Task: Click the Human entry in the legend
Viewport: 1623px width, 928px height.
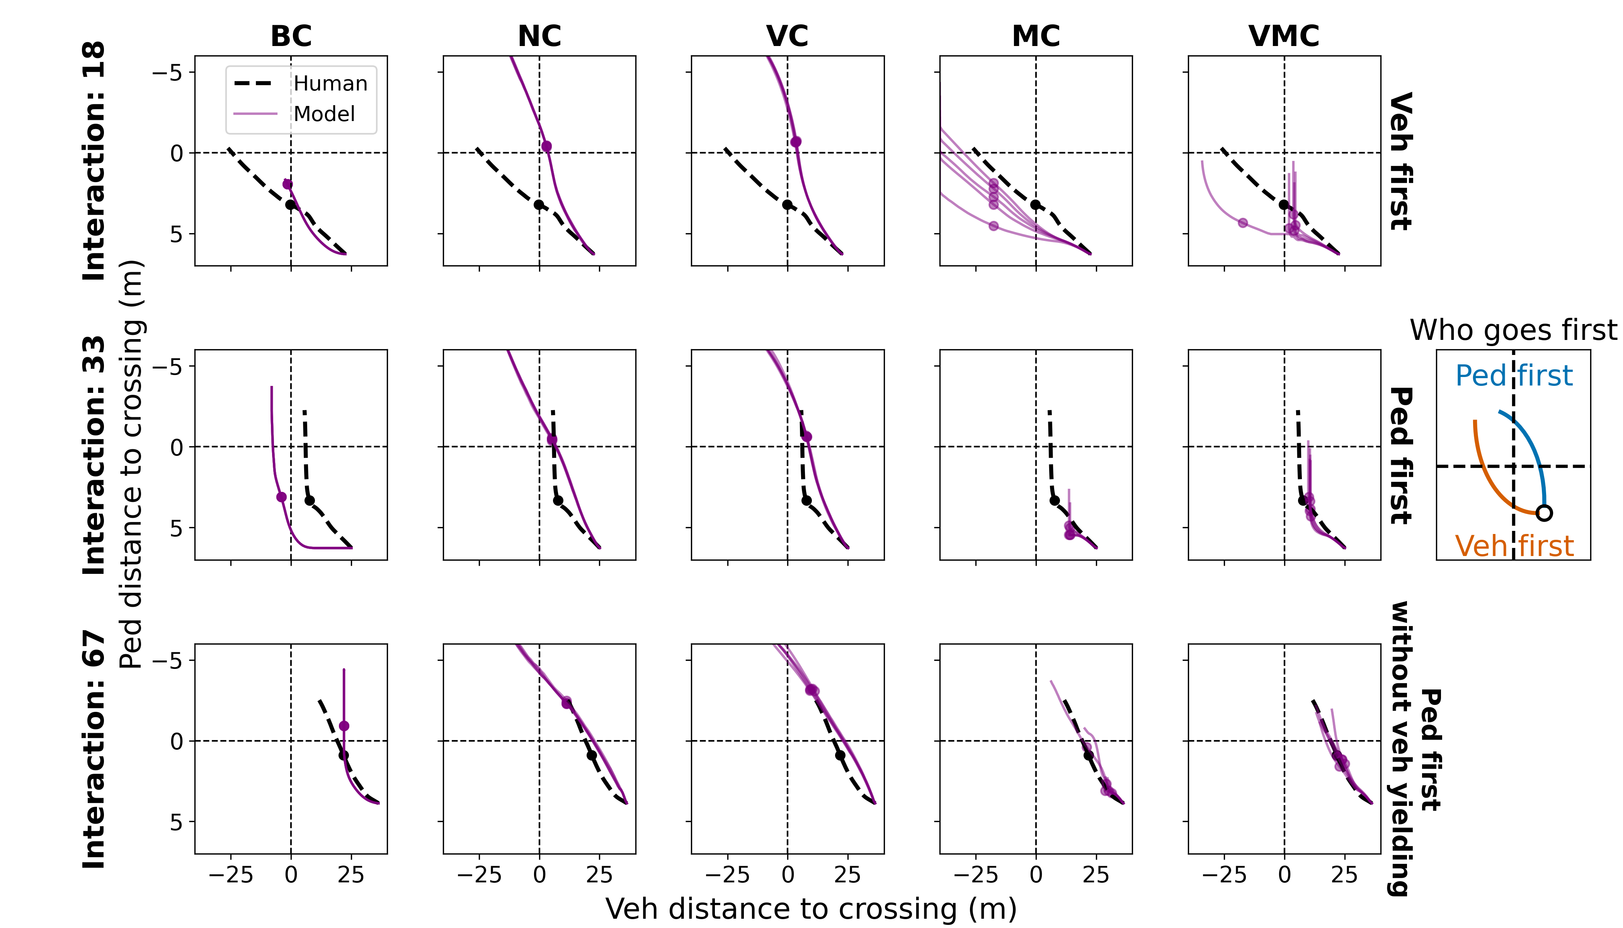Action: coord(330,84)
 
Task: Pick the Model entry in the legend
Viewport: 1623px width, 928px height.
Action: coord(324,114)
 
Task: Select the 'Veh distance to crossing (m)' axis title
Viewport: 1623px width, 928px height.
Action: coord(811,909)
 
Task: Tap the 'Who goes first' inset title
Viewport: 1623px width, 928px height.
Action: coord(1513,330)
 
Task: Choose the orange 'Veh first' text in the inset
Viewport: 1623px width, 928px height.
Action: coord(1513,546)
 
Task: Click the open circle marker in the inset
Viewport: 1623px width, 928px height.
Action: coord(1544,512)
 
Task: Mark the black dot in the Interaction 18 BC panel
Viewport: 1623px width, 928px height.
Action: coord(291,205)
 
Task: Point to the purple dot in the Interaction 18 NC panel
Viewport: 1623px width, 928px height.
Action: coord(546,147)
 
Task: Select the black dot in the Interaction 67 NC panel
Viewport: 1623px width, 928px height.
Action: coord(592,755)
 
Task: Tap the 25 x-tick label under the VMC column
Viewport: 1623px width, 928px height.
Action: coord(1344,875)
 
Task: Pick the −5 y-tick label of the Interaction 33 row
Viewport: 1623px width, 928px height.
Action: coord(167,367)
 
